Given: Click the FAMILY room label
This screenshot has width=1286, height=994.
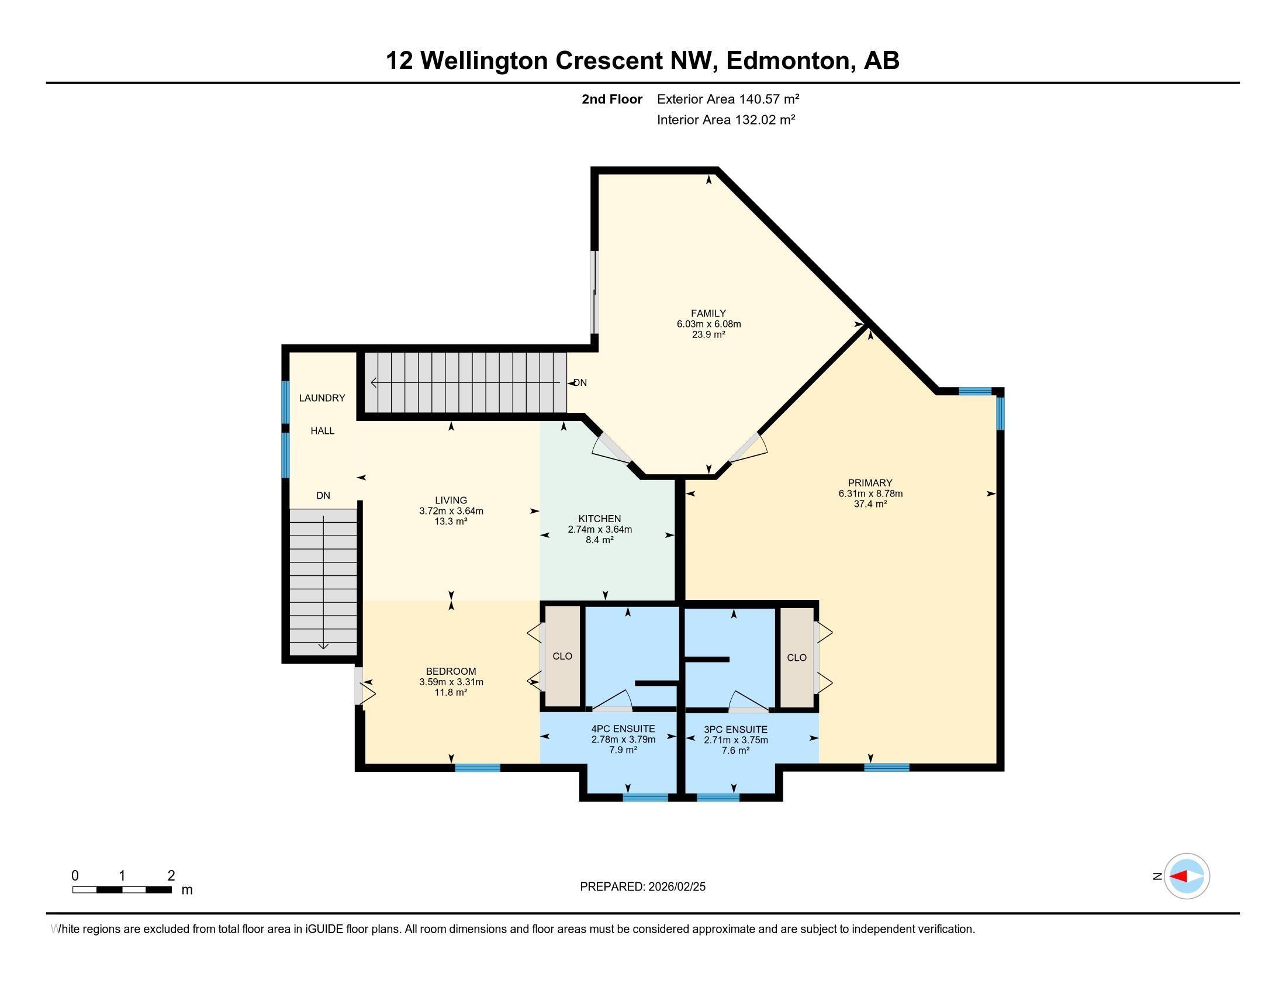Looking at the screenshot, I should (x=708, y=313).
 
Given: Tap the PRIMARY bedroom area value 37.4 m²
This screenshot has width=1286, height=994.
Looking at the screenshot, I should (x=870, y=504).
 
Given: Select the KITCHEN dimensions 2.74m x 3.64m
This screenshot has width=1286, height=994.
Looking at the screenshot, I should (x=599, y=529).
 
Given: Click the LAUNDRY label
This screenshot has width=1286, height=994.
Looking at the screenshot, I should (x=321, y=398).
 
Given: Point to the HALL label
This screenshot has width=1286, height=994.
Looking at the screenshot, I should (x=322, y=431).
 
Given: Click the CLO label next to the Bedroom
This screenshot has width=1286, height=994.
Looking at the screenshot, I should (x=562, y=656).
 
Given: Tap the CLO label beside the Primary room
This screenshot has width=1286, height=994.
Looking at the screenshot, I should (x=797, y=658).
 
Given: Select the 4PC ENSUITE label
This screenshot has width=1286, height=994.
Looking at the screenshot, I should (x=623, y=729).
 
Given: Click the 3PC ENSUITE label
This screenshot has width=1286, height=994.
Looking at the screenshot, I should (x=735, y=730).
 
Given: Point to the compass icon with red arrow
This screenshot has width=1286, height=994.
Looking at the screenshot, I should (x=1187, y=876).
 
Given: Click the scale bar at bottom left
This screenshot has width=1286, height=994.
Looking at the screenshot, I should (x=122, y=889).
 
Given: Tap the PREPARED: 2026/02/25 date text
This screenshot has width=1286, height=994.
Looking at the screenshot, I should (x=642, y=887).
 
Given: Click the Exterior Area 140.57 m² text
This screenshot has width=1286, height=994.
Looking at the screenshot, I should (x=728, y=99).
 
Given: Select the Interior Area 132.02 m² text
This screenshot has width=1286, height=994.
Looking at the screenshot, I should (x=725, y=120).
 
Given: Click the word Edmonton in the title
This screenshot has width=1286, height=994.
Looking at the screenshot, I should (x=790, y=61).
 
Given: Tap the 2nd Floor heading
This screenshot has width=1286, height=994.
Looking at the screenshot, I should (x=611, y=99).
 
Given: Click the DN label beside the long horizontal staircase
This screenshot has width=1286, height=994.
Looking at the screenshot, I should (x=580, y=383).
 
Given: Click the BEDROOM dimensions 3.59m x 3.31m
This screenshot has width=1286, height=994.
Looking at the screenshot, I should (x=451, y=682).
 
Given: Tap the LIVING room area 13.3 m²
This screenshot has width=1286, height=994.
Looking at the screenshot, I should (x=451, y=521).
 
